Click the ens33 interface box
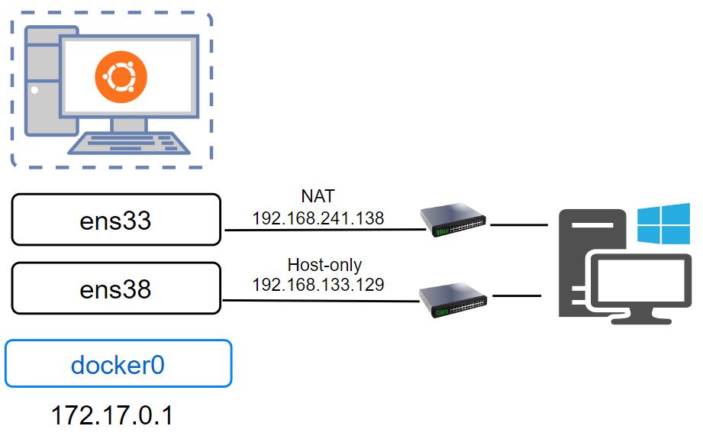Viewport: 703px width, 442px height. tap(116, 220)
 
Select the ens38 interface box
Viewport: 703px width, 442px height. tap(116, 289)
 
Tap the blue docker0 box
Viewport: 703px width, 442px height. tap(118, 364)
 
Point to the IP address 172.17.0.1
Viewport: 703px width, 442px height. tap(112, 415)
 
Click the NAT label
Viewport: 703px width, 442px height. tap(318, 198)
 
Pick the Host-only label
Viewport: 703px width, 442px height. tap(324, 265)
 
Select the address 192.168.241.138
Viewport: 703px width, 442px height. tap(318, 218)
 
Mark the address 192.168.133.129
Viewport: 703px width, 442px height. tap(318, 285)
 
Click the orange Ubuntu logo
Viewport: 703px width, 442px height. tap(121, 78)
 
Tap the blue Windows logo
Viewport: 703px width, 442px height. tap(657, 224)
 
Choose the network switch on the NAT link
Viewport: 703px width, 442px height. tap(453, 219)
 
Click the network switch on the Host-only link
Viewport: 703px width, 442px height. tap(453, 301)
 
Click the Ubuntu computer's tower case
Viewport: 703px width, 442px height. tap(40, 80)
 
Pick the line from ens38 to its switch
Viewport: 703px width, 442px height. tap(321, 300)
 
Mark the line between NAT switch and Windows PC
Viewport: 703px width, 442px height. tap(520, 225)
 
